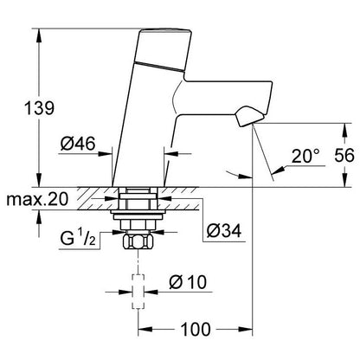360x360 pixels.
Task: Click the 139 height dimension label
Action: click(39, 109)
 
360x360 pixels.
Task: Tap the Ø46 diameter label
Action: click(78, 144)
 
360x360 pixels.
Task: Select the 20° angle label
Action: click(305, 156)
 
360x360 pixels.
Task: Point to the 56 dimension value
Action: click(344, 156)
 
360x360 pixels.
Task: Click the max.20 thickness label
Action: click(37, 199)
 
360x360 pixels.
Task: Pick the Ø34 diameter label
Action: click(224, 231)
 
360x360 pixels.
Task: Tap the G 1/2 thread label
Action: click(78, 239)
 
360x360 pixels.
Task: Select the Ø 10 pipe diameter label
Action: click(188, 282)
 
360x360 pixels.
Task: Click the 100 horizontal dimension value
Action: click(196, 329)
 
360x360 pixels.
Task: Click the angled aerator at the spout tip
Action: click(250, 116)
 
